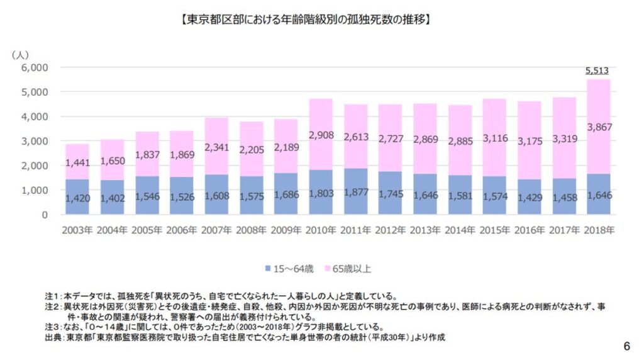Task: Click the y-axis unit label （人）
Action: tap(21, 55)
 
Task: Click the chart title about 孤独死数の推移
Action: tap(304, 20)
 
